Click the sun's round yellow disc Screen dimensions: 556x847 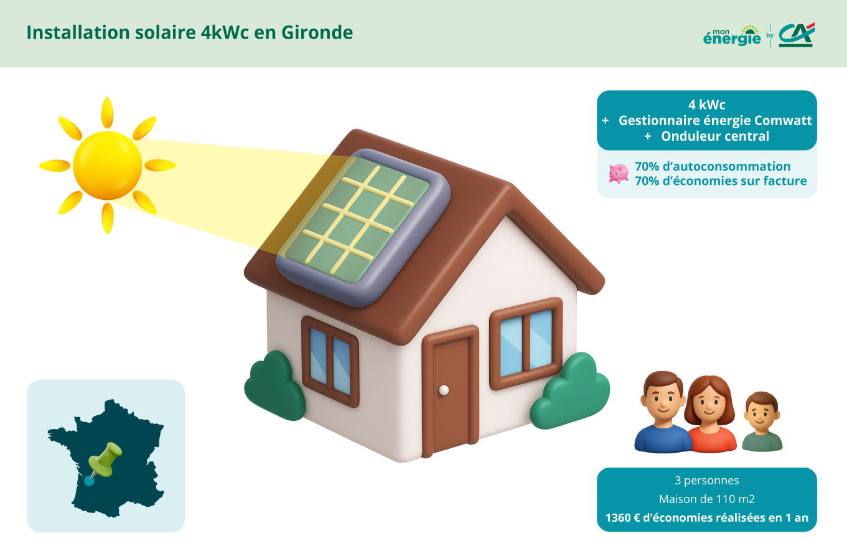(107, 165)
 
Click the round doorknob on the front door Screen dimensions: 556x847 (444, 390)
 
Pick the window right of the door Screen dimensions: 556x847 (526, 342)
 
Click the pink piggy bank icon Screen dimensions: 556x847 (618, 173)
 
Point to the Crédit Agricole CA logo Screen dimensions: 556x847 (796, 35)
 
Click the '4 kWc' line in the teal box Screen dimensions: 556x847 (706, 105)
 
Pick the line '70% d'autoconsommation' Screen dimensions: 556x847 (713, 166)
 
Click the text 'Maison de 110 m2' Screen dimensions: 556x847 (706, 499)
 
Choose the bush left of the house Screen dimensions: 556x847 (274, 386)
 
